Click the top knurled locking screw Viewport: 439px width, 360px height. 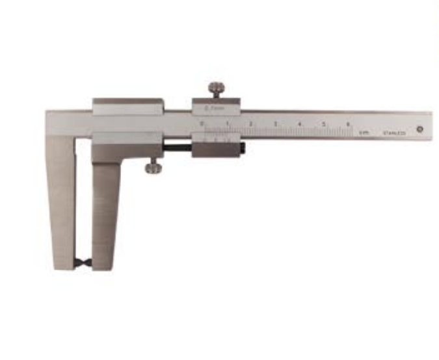216,88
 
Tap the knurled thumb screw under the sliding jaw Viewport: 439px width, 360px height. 153,168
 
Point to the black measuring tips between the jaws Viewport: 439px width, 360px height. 84,263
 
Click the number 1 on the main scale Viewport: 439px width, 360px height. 227,122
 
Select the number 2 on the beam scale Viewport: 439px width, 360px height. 251,123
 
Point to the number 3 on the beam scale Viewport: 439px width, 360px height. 275,123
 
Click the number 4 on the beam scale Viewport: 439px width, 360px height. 299,123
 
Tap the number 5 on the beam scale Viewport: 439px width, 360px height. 323,123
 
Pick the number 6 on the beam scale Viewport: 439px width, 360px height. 348,123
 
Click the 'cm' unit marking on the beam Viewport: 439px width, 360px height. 365,133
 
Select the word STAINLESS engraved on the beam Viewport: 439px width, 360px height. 394,133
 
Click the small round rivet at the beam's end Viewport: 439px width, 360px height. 419,129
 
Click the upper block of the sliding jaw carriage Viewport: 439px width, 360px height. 127,107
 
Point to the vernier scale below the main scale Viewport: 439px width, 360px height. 217,138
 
